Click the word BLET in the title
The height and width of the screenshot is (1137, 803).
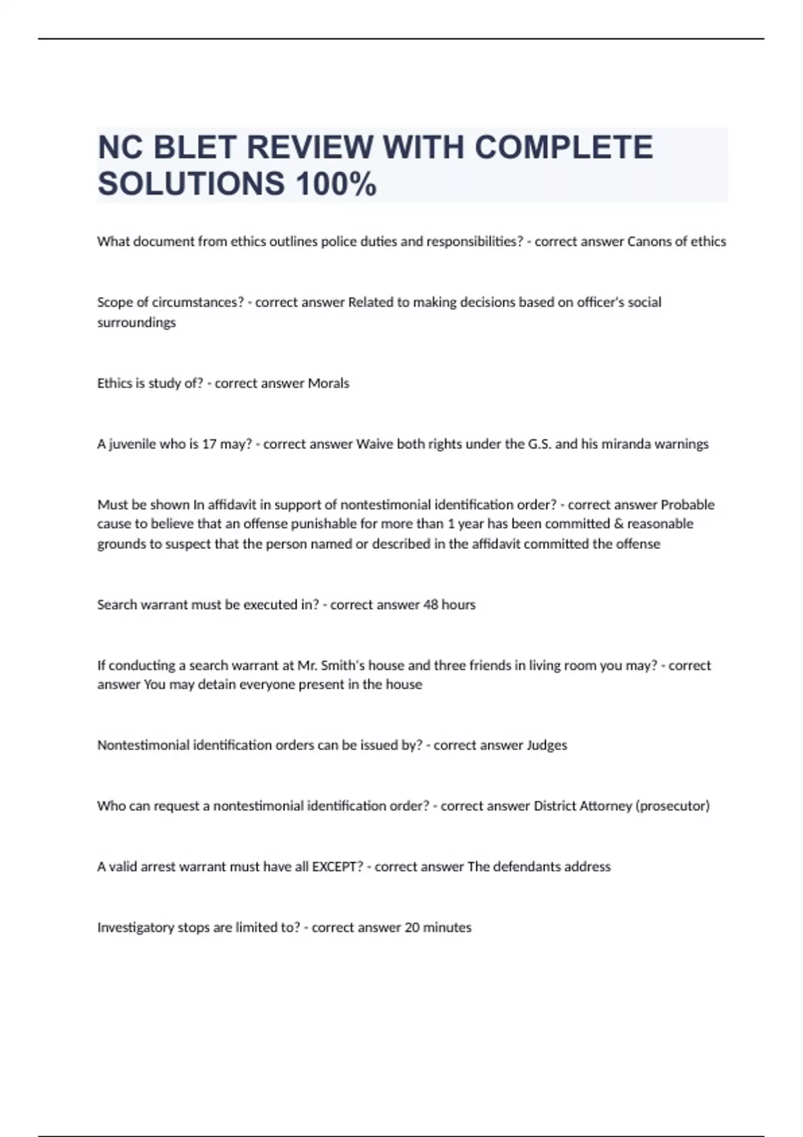195,147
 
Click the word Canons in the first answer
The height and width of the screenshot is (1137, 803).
648,241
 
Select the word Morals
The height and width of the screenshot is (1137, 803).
328,383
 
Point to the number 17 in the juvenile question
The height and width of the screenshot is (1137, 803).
209,444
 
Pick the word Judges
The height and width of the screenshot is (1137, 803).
547,745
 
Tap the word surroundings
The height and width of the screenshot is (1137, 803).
137,322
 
